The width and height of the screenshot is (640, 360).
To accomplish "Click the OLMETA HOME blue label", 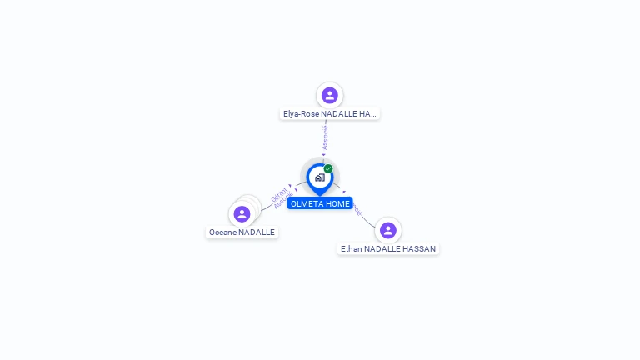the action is pyautogui.click(x=320, y=203).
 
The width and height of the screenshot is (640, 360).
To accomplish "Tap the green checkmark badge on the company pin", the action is pyautogui.click(x=328, y=169).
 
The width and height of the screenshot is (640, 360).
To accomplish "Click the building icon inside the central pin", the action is pyautogui.click(x=319, y=177).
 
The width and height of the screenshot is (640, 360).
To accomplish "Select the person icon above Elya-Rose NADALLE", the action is pyautogui.click(x=330, y=95).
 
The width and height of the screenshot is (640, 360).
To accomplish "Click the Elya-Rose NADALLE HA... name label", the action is pyautogui.click(x=330, y=113).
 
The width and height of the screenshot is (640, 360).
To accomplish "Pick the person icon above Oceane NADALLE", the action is pyautogui.click(x=242, y=214).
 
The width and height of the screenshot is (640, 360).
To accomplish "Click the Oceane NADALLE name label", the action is pyautogui.click(x=242, y=232).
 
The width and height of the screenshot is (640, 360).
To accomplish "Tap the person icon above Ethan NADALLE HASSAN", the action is pyautogui.click(x=387, y=230).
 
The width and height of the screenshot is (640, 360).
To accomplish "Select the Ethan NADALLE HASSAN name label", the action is pyautogui.click(x=388, y=248).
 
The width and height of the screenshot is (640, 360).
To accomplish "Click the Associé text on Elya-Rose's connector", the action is pyautogui.click(x=325, y=137).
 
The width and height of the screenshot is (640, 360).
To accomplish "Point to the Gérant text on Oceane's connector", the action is pyautogui.click(x=278, y=195).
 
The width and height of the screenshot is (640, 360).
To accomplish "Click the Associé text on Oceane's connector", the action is pyautogui.click(x=283, y=201).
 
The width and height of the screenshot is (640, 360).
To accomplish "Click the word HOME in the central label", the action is pyautogui.click(x=337, y=203).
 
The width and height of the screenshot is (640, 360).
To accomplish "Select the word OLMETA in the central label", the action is pyautogui.click(x=307, y=203).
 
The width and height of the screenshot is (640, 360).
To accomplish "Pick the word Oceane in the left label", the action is pyautogui.click(x=222, y=232).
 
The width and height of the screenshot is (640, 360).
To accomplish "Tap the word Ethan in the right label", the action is pyautogui.click(x=351, y=248).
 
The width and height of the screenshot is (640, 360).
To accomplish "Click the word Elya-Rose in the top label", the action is pyautogui.click(x=301, y=113).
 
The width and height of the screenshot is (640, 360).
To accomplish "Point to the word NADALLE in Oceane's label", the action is pyautogui.click(x=257, y=232).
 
